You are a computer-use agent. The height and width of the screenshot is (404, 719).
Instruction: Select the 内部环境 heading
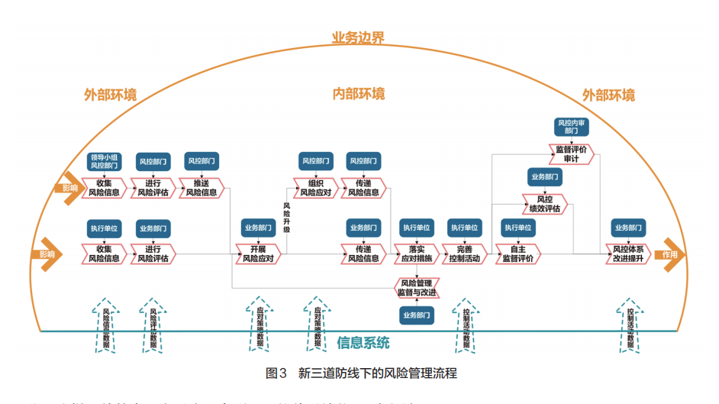click(x=358, y=94)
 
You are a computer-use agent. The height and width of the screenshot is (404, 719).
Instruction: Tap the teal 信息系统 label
click(x=363, y=342)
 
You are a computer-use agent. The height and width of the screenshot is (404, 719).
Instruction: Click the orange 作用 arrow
click(x=670, y=254)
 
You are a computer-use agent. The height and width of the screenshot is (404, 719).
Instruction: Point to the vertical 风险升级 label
click(x=286, y=217)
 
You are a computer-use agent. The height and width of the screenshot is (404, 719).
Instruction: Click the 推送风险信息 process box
click(x=201, y=188)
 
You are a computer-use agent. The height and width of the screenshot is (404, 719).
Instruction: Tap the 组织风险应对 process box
click(x=315, y=188)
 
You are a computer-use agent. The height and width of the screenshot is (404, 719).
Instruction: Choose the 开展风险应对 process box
click(x=258, y=254)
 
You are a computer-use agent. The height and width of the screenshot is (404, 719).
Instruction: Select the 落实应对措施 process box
click(x=415, y=254)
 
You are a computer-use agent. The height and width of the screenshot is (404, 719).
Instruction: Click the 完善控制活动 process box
click(x=464, y=254)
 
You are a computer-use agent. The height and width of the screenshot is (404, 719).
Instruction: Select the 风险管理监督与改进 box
click(x=417, y=287)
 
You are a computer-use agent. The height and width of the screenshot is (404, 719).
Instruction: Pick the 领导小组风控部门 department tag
click(x=105, y=161)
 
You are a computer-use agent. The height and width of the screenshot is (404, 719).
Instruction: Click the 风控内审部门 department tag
click(x=571, y=127)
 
